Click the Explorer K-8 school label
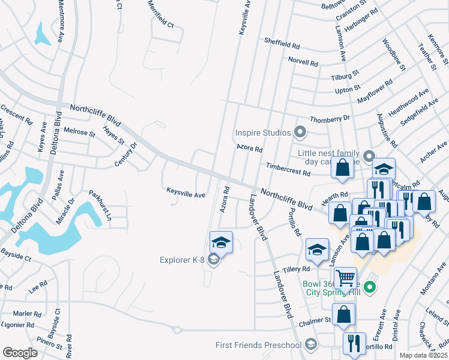point(182,260)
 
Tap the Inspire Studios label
point(263,132)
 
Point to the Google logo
point(20,353)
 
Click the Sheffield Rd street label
point(282,44)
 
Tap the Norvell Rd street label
point(303,62)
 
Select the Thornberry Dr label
point(330,119)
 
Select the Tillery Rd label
point(297,269)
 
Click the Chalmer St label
point(315,321)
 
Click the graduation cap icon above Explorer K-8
point(220,243)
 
